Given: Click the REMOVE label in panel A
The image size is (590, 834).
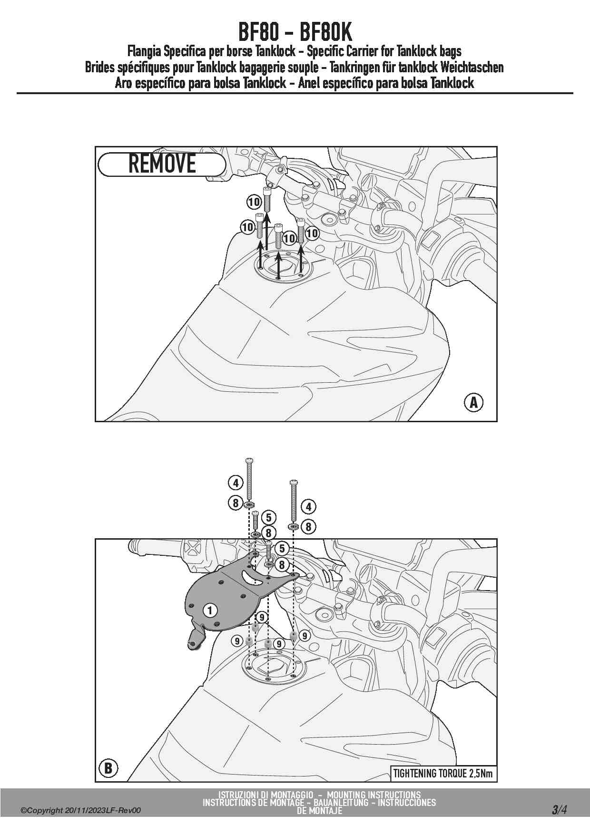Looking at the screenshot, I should point(162,164).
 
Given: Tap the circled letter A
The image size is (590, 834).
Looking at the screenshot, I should point(473,403).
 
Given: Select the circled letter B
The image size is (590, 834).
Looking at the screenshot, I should point(108,768).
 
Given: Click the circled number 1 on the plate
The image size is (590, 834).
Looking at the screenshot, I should point(210,610).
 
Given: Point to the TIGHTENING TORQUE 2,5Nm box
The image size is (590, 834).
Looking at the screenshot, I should point(442,773).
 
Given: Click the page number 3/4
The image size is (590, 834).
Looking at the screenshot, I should point(559,809).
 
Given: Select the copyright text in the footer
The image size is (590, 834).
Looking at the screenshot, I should point(80,811).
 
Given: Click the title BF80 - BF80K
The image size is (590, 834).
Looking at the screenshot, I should point(295,32).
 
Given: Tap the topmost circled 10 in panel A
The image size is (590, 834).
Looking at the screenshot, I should point(254,202).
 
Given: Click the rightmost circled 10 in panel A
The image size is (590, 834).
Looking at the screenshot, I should point(312,233).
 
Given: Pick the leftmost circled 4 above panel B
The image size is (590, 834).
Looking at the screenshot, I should point(236,483).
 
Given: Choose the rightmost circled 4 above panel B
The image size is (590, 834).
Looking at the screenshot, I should point(308,506).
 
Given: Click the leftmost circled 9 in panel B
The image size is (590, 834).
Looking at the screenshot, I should point(237,641).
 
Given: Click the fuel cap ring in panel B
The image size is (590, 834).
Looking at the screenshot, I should point(271,668).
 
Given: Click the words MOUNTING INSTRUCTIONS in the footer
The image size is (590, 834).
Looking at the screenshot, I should point(374,795).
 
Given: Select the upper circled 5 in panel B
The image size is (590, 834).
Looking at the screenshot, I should point(269,517).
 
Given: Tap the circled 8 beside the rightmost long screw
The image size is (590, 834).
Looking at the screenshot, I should point(308,527).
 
